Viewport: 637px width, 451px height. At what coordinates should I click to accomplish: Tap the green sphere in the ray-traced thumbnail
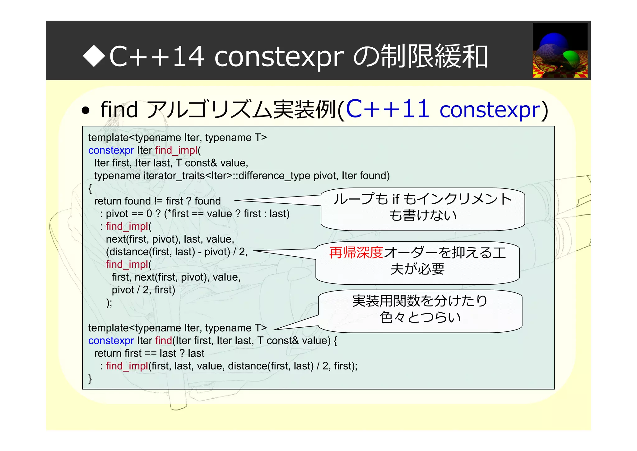click(x=571, y=58)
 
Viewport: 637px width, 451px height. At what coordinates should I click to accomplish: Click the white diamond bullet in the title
click(x=94, y=56)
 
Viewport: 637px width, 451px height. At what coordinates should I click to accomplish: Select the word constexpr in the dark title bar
click(x=279, y=56)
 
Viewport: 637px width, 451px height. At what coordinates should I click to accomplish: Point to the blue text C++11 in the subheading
click(x=388, y=109)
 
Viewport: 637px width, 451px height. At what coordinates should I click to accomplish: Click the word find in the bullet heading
click(x=119, y=110)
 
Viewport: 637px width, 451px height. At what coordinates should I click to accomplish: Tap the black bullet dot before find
click(x=86, y=111)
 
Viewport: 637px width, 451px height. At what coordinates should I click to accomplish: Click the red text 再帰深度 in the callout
click(x=356, y=253)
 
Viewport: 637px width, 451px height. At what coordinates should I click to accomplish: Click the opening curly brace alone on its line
click(x=90, y=188)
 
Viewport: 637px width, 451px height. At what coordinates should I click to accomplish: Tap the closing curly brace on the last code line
click(x=90, y=379)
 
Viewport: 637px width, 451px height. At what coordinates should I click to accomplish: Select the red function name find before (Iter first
click(x=164, y=340)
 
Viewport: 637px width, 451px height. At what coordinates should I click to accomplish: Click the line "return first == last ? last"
click(x=149, y=353)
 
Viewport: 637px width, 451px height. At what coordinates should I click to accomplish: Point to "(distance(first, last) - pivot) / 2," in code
click(x=176, y=252)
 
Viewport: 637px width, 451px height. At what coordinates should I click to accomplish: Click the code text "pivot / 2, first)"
click(x=143, y=290)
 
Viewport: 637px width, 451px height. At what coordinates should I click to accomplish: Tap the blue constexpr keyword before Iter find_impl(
click(x=111, y=150)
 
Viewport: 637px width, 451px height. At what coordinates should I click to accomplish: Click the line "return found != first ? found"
click(x=157, y=201)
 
